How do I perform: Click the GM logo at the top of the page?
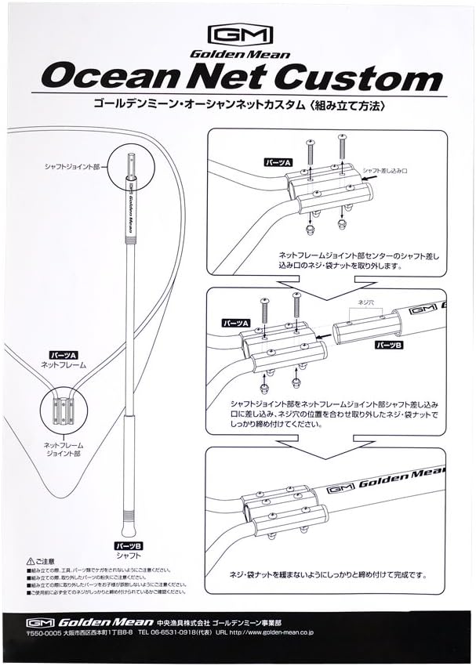pyautogui.click(x=239, y=35)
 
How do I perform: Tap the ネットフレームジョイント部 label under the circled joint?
pyautogui.click(x=63, y=449)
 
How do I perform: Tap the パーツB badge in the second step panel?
pyautogui.click(x=390, y=344)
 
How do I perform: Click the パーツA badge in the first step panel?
pyautogui.click(x=278, y=162)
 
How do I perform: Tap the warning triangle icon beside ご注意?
pyautogui.click(x=31, y=562)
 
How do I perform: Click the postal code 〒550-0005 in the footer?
pyautogui.click(x=45, y=630)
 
